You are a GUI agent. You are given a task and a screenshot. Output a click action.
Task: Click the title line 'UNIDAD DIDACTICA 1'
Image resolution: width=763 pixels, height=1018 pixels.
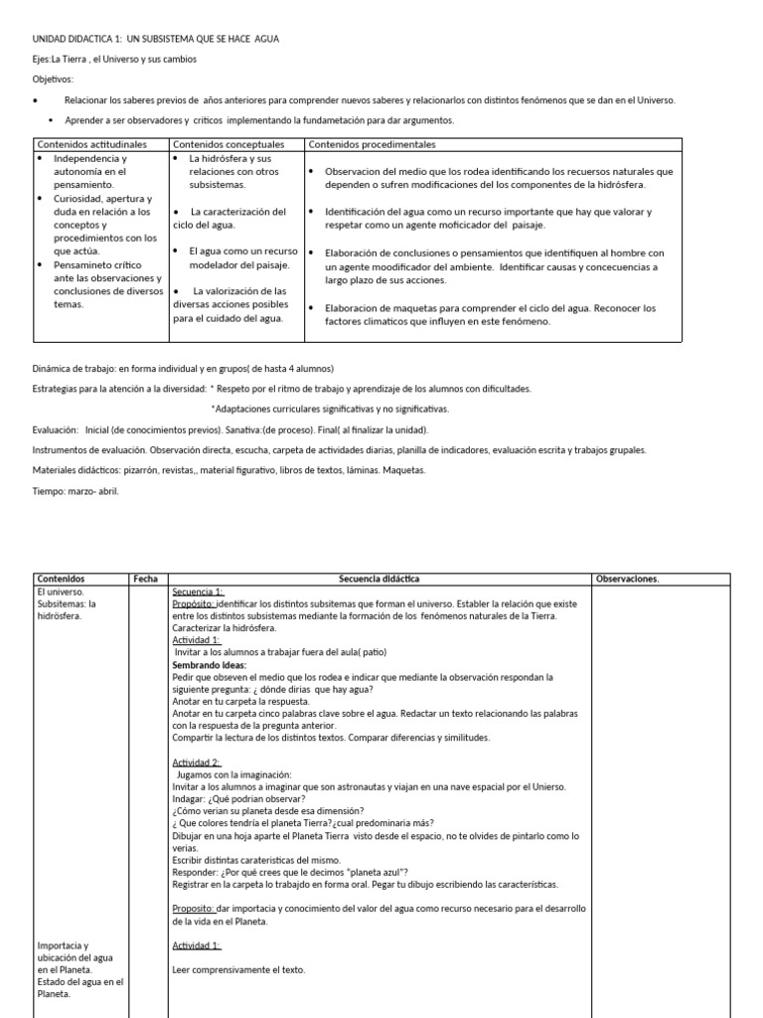click(156, 39)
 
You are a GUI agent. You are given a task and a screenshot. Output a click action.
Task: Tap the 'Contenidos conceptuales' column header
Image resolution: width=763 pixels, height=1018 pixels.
click(228, 144)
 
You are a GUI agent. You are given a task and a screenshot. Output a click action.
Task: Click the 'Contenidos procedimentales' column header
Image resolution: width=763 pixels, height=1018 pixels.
click(372, 144)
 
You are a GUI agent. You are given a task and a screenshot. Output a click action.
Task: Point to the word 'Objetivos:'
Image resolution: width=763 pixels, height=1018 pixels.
click(53, 79)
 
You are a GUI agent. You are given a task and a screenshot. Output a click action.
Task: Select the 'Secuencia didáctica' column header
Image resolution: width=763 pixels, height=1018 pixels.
click(379, 579)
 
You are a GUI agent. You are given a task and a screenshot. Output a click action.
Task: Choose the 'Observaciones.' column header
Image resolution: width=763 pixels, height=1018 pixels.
click(627, 579)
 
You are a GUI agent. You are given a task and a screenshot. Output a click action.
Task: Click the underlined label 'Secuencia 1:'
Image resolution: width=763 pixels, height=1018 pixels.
click(199, 592)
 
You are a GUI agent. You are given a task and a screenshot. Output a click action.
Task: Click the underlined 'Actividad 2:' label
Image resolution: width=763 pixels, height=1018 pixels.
click(197, 762)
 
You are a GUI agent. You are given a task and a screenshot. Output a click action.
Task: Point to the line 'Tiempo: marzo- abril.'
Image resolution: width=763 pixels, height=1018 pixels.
click(76, 490)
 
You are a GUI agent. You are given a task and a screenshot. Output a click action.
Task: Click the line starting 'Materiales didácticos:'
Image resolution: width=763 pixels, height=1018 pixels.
click(229, 470)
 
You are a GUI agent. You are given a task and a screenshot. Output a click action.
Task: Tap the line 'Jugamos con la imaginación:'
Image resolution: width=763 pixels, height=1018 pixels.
click(233, 773)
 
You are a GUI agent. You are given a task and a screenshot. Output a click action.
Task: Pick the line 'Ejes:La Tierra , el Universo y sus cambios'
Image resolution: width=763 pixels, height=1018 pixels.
click(114, 59)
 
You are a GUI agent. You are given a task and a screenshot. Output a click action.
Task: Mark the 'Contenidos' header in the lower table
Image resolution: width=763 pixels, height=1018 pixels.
click(61, 579)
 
